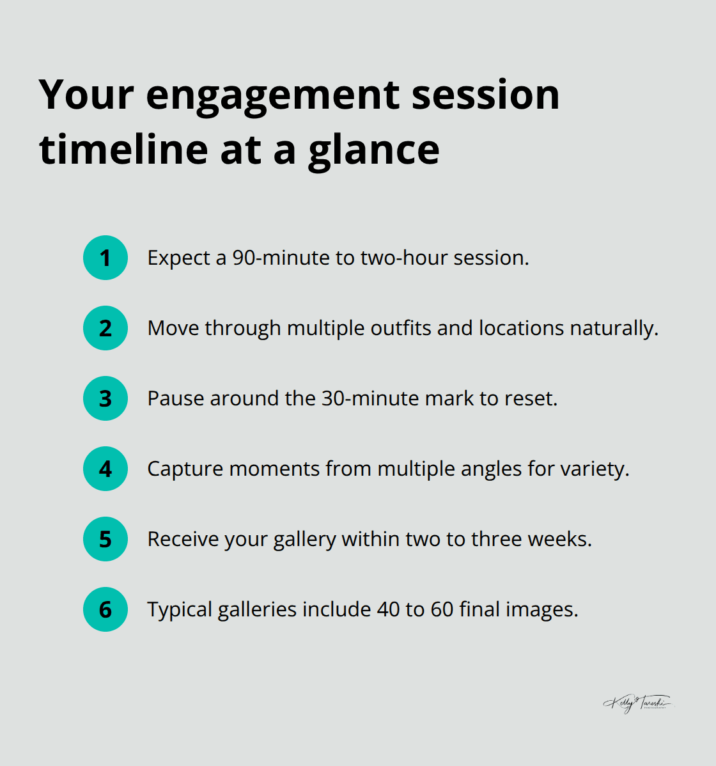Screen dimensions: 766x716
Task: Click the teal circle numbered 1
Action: [x=105, y=258]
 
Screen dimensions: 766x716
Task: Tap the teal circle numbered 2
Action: [x=105, y=328]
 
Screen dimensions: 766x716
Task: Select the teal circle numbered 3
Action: [x=105, y=398]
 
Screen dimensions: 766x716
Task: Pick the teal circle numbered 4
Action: [x=105, y=469]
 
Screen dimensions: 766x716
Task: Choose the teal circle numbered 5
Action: [x=105, y=539]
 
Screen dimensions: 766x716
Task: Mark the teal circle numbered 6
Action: [x=105, y=609]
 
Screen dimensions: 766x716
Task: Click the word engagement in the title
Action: [x=273, y=96]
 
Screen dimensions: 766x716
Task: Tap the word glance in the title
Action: [x=374, y=151]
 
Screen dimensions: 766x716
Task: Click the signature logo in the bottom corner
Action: [x=637, y=703]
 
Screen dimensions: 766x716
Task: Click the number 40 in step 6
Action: [x=388, y=609]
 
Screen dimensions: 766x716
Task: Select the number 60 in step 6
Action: [x=442, y=609]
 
